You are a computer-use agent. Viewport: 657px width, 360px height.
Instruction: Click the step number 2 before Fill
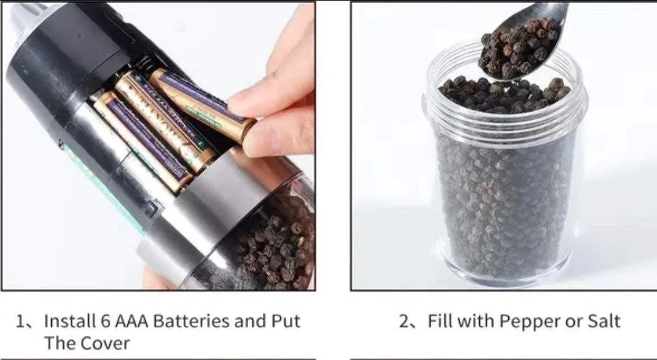pyautogui.click(x=404, y=322)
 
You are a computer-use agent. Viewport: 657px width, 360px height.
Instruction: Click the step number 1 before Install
pyautogui.click(x=20, y=322)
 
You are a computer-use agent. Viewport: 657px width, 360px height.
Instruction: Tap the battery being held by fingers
pyautogui.click(x=202, y=105)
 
